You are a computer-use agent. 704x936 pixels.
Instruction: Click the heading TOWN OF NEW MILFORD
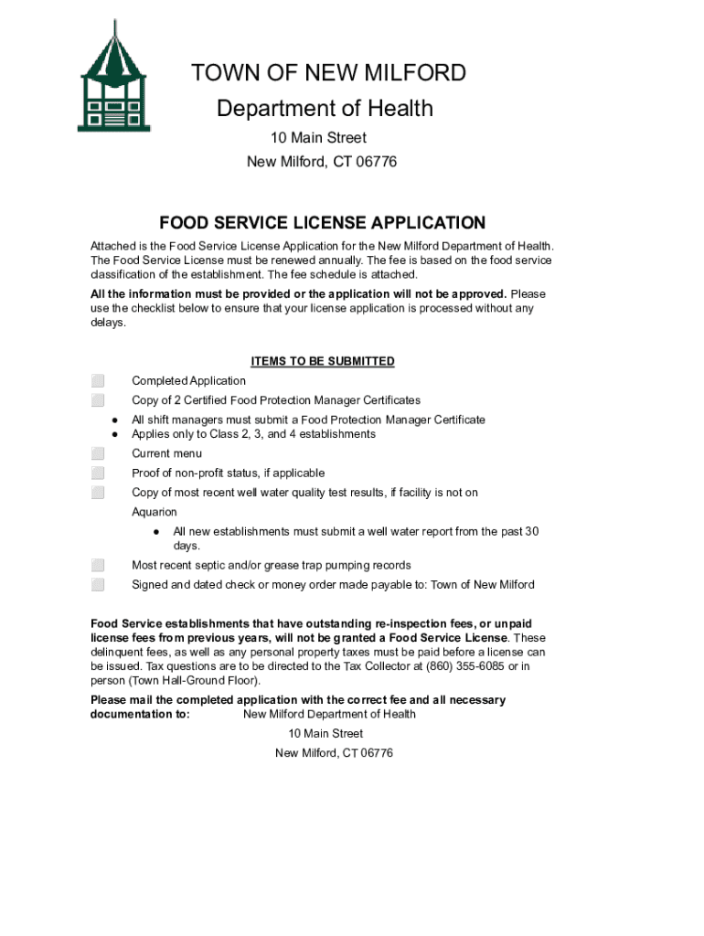click(328, 73)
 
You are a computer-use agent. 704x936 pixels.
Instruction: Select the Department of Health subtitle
click(325, 109)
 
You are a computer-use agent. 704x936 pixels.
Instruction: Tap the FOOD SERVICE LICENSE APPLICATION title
click(323, 223)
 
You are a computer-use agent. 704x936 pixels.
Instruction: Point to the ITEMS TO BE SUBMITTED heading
click(323, 361)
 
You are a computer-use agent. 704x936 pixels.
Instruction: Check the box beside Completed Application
click(98, 381)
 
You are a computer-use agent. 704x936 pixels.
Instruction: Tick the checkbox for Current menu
click(98, 454)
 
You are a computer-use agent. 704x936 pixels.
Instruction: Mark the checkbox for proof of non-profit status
click(98, 473)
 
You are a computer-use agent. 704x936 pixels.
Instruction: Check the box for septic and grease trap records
click(98, 566)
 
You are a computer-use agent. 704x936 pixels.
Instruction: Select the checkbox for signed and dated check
click(98, 585)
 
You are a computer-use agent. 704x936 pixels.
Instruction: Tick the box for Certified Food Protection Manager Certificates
click(98, 400)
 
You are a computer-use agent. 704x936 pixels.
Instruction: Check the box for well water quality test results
click(98, 494)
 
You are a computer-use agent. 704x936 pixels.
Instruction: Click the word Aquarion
click(155, 513)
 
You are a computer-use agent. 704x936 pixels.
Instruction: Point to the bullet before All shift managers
click(116, 420)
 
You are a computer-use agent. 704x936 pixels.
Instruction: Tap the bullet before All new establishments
click(157, 532)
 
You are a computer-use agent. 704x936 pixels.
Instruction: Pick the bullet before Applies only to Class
click(116, 434)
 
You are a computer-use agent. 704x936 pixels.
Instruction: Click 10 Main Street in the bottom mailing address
click(325, 734)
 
